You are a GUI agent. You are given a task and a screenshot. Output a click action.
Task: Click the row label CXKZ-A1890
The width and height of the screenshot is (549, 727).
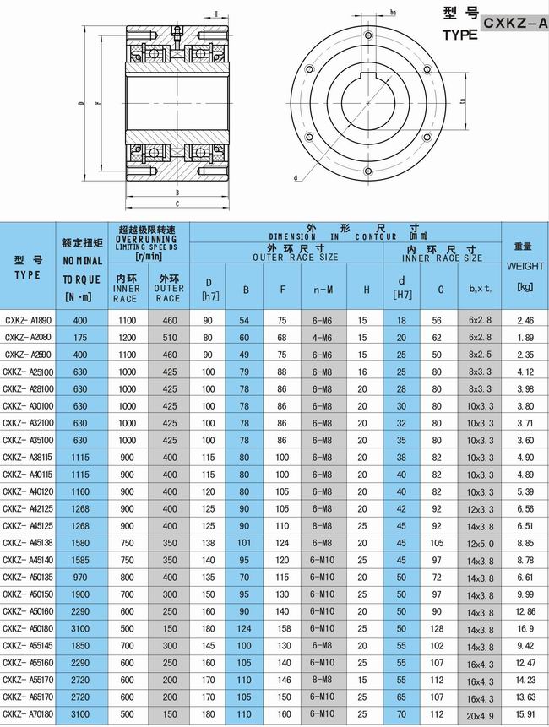coord(28,321)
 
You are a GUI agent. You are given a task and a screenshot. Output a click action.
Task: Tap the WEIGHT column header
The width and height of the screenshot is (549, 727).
coord(524,266)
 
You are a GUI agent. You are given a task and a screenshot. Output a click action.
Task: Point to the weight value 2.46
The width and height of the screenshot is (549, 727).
coord(525,321)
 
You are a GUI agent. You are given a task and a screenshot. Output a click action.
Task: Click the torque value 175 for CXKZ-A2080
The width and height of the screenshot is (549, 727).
coord(80,337)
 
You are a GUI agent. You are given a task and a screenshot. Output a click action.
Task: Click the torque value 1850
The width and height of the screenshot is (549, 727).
coord(80,646)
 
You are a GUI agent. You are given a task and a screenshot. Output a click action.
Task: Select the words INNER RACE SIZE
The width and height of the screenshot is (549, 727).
coord(443,257)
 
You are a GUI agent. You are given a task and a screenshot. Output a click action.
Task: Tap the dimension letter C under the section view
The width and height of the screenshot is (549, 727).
coord(176,203)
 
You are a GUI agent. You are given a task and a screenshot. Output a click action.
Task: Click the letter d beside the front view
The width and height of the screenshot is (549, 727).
coord(296,179)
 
